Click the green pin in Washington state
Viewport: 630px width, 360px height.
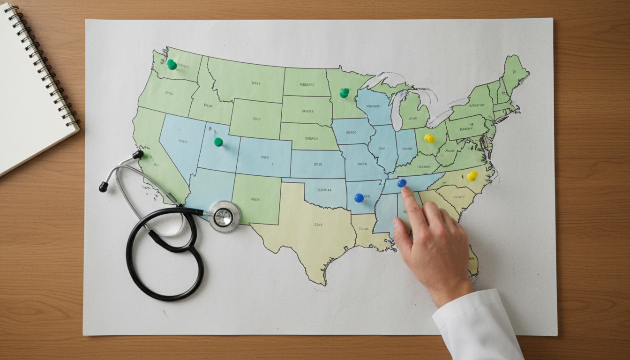point(172,65)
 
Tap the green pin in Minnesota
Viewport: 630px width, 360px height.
point(345,93)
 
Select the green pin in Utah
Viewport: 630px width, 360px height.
point(218,142)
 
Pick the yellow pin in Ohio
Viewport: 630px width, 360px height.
point(429,138)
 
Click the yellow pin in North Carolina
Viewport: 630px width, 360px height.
point(472,176)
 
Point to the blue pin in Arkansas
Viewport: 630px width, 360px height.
point(359,198)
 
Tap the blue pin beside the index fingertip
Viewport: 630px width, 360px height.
point(402,183)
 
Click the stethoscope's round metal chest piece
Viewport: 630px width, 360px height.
point(224,217)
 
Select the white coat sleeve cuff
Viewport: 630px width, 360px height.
point(473,323)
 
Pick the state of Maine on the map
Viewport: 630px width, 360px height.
point(515,73)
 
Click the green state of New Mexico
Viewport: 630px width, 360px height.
point(256,199)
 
